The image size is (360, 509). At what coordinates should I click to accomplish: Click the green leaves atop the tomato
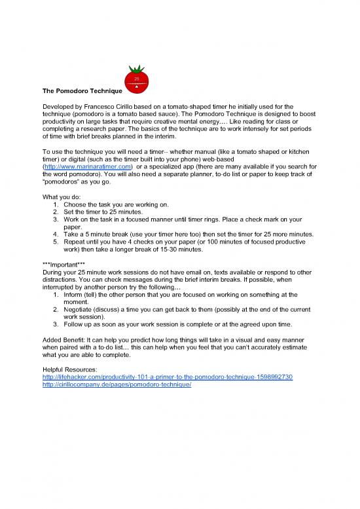pos(137,69)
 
